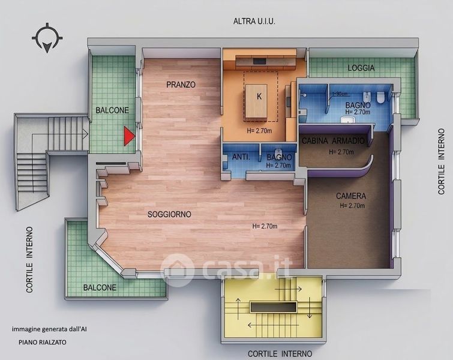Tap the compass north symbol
coord(47,38)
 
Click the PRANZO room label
coord(181,85)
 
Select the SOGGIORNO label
coord(169,214)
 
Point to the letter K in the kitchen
coord(259,97)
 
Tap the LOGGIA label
coord(361,68)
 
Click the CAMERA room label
coord(351,196)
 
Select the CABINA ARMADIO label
coord(333,141)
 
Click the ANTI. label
coord(241,157)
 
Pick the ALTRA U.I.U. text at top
coord(254,21)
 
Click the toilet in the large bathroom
coord(381,97)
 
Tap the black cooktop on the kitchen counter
coord(259,61)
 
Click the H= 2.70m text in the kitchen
coord(259,131)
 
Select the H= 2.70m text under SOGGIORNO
coord(265,226)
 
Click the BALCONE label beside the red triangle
coord(112,110)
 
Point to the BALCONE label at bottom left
coord(100,287)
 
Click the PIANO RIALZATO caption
coord(43,343)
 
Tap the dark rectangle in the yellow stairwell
coord(274,307)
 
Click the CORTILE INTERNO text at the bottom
coord(280,353)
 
